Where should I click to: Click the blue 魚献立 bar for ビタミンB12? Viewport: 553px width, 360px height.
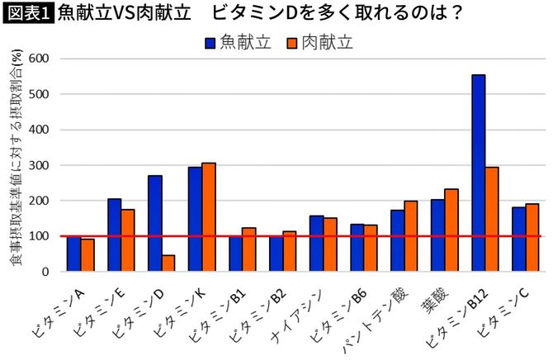coord(479,173)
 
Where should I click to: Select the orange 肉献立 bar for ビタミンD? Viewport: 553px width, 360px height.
coord(168,263)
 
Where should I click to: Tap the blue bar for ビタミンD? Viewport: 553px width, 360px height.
coord(155,223)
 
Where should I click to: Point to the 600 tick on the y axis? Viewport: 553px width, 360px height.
coord(40,59)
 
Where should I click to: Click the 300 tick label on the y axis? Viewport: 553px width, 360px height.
coord(40,165)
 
